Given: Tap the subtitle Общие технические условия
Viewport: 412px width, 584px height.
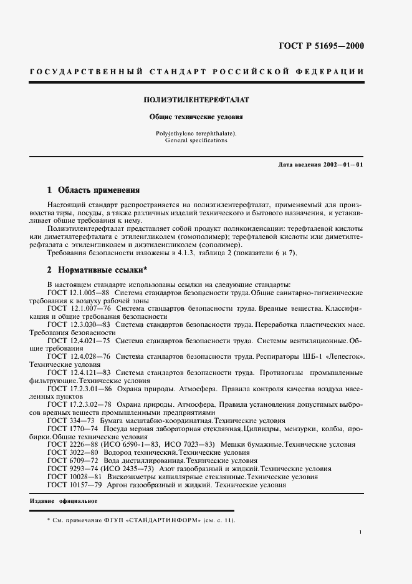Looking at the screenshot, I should [x=196, y=117].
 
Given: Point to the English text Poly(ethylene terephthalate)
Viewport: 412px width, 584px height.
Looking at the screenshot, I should [x=196, y=134].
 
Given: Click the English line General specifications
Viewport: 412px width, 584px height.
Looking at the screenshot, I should [x=196, y=141].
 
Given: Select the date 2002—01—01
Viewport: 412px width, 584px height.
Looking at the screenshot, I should [x=343, y=164].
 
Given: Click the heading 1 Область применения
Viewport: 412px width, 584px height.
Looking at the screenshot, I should [x=93, y=190].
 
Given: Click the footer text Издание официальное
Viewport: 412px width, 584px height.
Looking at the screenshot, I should [x=63, y=501].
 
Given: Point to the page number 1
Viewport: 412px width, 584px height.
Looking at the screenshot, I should [x=361, y=532].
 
